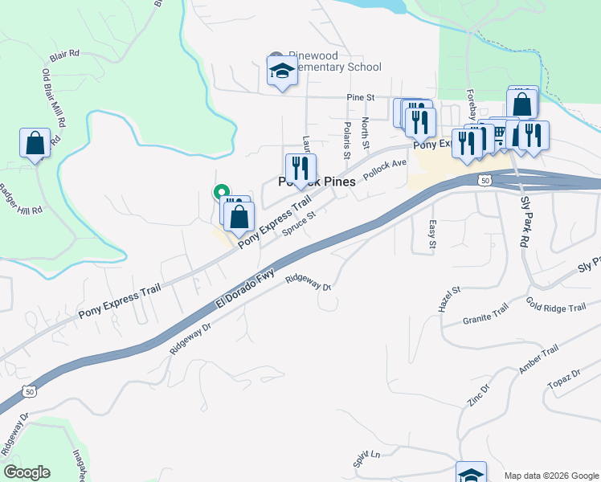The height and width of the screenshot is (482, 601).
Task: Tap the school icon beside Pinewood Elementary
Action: click(x=282, y=71)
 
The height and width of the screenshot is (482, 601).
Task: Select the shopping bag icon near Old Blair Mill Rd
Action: click(x=35, y=143)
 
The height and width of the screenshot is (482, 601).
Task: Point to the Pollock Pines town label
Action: click(x=317, y=182)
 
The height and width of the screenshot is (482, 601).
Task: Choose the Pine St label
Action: click(x=361, y=97)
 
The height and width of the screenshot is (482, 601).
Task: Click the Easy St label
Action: click(x=431, y=234)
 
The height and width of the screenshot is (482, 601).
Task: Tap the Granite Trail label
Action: click(x=486, y=319)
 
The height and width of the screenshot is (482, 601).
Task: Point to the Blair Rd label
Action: click(x=64, y=55)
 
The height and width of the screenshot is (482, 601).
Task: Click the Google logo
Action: click(x=27, y=472)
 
